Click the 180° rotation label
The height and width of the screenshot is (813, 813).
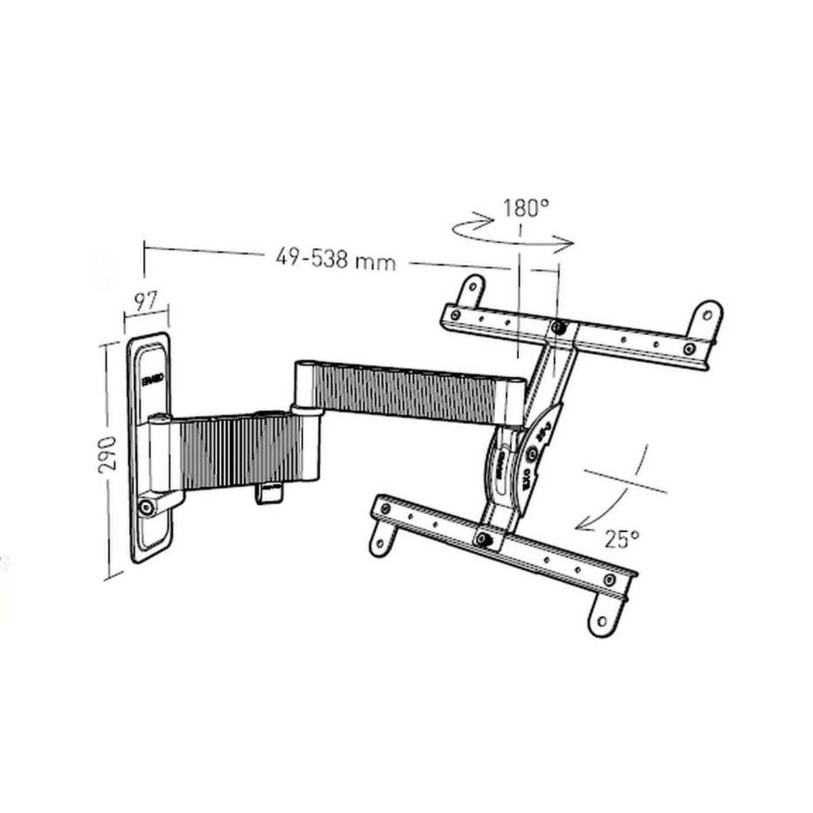(525, 208)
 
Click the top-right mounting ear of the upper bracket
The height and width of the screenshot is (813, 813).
(707, 314)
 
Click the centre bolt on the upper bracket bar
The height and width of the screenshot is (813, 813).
(558, 327)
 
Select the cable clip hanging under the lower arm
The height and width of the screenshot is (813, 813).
(268, 493)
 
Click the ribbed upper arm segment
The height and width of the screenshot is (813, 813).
(413, 392)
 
